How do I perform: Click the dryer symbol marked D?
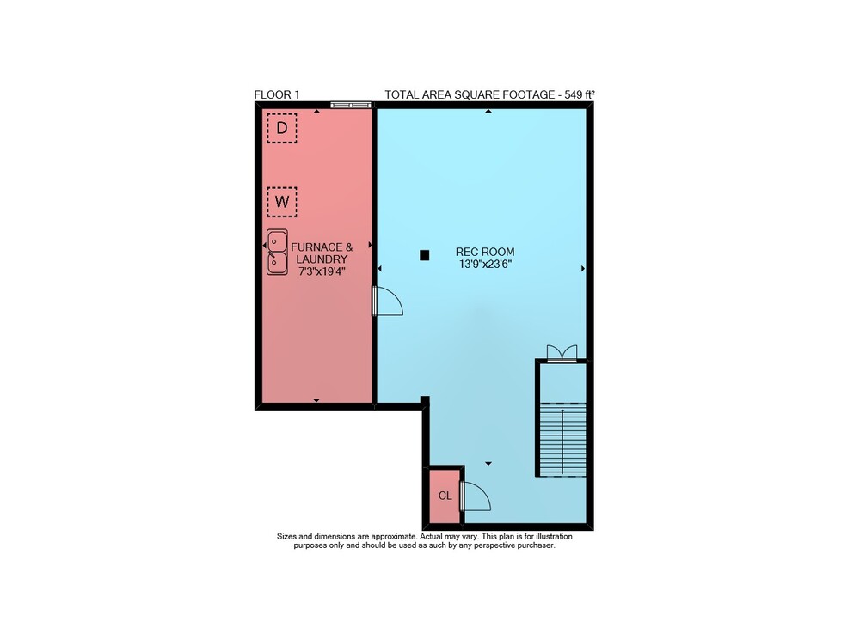click(282, 128)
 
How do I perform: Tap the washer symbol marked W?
click(282, 202)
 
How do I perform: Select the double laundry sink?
click(278, 252)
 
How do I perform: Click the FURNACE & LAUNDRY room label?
click(322, 253)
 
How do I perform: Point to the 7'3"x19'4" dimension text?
click(322, 271)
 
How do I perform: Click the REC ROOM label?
click(485, 252)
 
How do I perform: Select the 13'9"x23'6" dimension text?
click(485, 264)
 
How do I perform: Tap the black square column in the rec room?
click(424, 254)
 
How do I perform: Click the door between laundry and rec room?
click(388, 301)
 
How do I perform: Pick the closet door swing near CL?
click(476, 496)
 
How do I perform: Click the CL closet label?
click(445, 496)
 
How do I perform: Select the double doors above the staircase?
click(562, 353)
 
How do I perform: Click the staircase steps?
click(562, 440)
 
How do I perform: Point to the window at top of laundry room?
click(351, 105)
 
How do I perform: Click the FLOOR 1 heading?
click(277, 94)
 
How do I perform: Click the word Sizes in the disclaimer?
click(288, 537)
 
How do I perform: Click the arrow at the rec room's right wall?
click(583, 268)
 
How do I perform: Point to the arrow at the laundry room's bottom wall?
click(316, 400)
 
